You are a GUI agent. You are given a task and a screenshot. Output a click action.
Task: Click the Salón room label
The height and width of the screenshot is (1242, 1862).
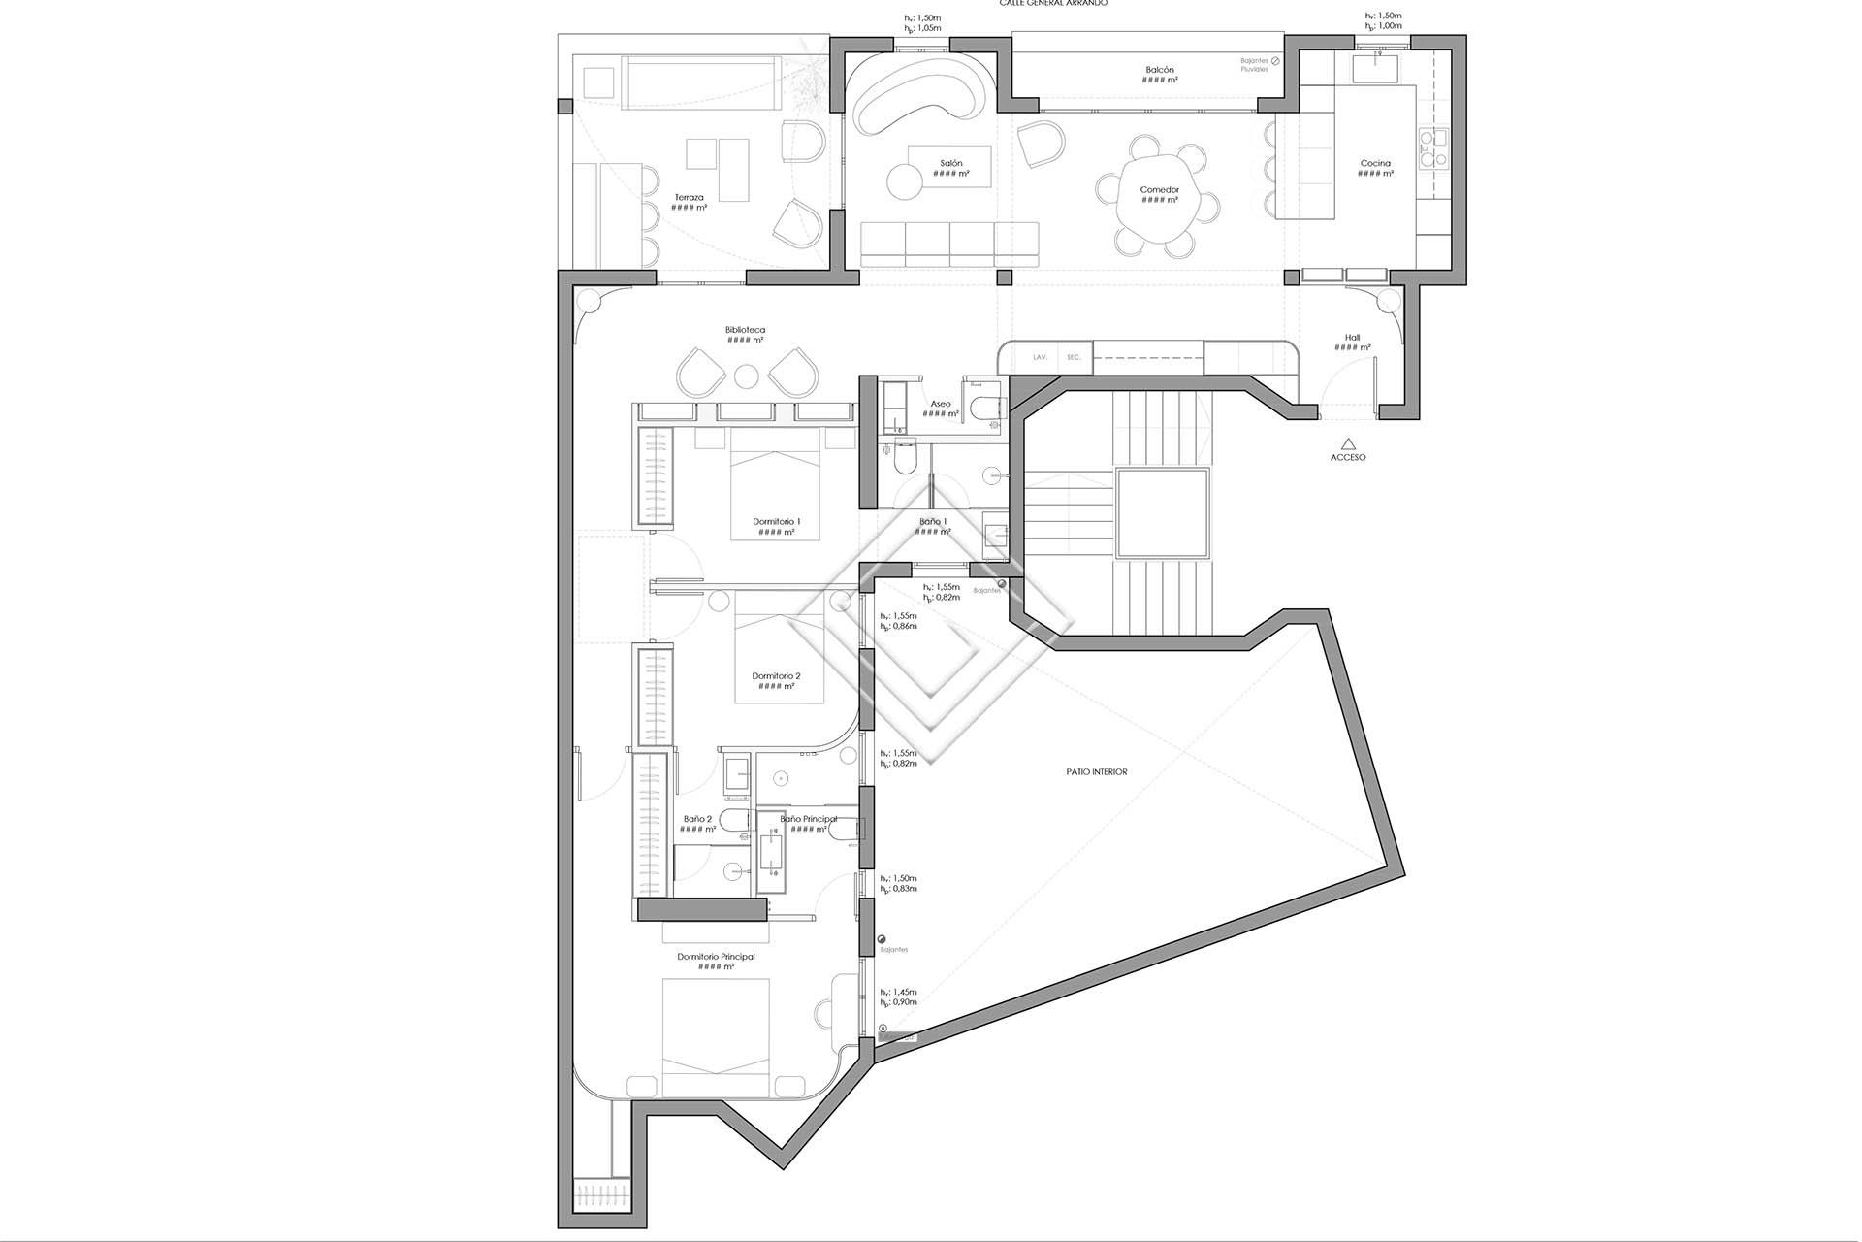[951, 163]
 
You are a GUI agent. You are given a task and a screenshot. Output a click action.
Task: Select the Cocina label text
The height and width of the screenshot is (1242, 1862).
[1375, 163]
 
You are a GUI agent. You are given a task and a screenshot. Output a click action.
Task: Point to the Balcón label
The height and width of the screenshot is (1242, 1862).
[1159, 70]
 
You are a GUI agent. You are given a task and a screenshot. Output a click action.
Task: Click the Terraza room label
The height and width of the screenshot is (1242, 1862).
[690, 197]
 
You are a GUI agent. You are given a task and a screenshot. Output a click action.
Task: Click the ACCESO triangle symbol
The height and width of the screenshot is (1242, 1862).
[1347, 441]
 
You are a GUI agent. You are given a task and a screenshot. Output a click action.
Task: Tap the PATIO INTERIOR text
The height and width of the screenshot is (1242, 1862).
[1096, 772]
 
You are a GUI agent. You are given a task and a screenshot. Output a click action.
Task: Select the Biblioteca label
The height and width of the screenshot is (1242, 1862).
[745, 330]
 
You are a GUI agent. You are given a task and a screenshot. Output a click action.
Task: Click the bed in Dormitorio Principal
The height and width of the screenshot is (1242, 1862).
[717, 1038]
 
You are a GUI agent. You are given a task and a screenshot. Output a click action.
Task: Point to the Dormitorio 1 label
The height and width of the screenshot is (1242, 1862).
[777, 521]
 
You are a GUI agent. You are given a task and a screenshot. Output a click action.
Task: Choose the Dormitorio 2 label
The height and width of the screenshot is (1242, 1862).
[777, 676]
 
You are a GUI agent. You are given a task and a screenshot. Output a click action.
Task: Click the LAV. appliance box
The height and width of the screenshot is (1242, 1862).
[1040, 357]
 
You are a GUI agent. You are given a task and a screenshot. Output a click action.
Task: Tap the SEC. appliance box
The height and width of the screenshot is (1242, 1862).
[1074, 357]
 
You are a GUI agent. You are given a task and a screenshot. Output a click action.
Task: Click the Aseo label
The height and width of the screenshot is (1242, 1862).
[941, 404]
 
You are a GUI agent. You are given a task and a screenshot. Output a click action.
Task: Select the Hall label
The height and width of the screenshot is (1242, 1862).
[1352, 338]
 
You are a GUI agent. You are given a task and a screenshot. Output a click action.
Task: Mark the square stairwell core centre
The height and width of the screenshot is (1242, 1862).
[1163, 512]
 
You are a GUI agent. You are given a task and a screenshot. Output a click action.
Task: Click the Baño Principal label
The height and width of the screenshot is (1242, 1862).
[808, 819]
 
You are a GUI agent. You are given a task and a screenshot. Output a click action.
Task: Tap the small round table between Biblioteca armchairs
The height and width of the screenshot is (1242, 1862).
[745, 376]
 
